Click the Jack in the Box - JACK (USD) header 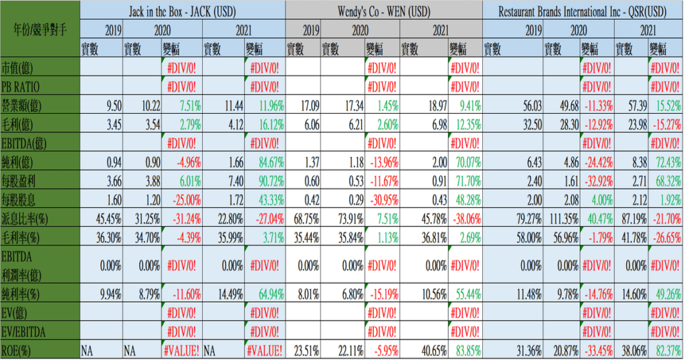[x=182, y=10]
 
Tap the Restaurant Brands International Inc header [x=583, y=10]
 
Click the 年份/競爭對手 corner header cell [x=39, y=29]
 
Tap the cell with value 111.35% [x=561, y=219]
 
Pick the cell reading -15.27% [x=666, y=124]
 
